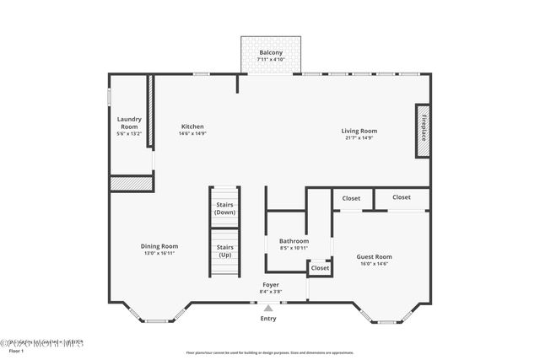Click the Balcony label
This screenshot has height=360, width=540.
[x=270, y=53]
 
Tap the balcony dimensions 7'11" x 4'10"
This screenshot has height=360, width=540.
[x=270, y=60]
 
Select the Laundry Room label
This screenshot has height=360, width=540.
[x=129, y=122]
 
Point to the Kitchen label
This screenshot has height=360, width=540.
[x=192, y=126]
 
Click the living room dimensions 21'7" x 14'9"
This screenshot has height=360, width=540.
[x=359, y=137]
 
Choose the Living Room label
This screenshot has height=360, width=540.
[x=359, y=131]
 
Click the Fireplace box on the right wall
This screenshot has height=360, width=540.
[x=423, y=131]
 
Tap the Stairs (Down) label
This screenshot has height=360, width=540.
[x=224, y=208]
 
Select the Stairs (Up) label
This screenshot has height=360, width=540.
[x=224, y=250]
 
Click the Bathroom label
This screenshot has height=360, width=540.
[x=294, y=241]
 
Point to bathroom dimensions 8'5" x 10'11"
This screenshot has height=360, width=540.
[x=294, y=248]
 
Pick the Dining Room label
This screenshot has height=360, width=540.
[x=159, y=245]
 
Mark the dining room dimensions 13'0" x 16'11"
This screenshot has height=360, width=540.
[x=159, y=252]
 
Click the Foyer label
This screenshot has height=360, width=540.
[x=270, y=285]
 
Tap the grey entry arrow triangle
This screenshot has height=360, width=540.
[x=268, y=309]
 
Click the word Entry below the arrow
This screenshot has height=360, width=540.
[x=268, y=319]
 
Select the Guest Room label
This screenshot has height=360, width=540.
[x=374, y=257]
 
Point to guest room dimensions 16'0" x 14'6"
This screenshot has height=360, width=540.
[x=374, y=264]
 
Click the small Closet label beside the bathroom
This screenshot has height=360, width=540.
[x=320, y=268]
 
